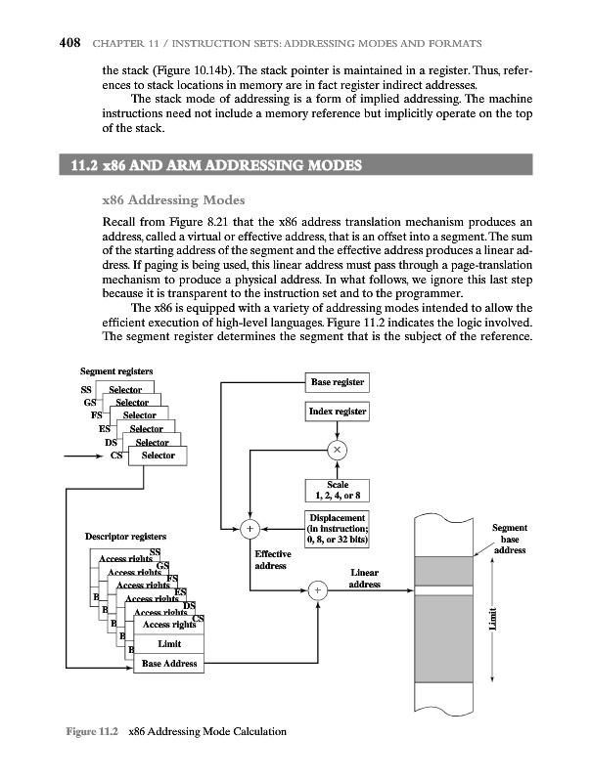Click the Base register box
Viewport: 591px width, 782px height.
coord(339,382)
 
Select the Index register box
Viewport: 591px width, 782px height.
coord(339,413)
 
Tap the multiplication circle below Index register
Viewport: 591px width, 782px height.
coord(339,449)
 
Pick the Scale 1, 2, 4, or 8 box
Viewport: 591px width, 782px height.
coord(338,489)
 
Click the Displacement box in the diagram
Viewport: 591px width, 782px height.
coord(338,528)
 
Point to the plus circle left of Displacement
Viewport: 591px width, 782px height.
coord(250,529)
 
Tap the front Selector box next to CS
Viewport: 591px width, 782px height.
coord(159,456)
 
